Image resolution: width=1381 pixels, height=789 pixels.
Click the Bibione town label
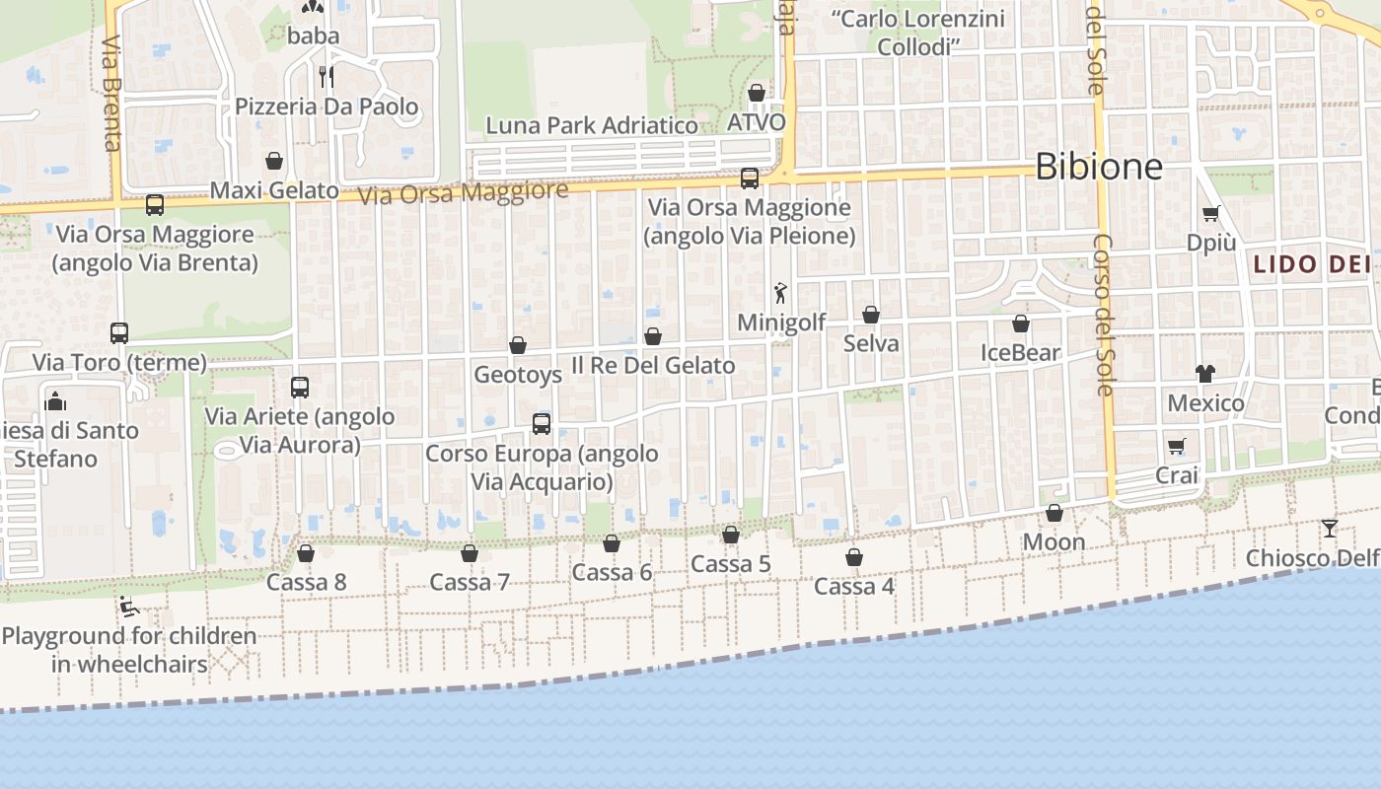pyautogui.click(x=1099, y=166)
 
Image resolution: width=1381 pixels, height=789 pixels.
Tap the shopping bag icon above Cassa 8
pyautogui.click(x=306, y=554)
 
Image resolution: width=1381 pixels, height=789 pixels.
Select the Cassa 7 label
pyautogui.click(x=470, y=582)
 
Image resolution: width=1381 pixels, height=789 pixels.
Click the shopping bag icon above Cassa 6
pyautogui.click(x=612, y=544)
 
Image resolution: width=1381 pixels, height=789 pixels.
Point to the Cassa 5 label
pyautogui.click(x=730, y=564)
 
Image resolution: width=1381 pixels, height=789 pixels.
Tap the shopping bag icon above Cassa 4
pyautogui.click(x=854, y=558)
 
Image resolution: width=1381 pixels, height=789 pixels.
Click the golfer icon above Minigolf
pyautogui.click(x=780, y=293)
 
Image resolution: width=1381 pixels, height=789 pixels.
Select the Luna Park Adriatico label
pyautogui.click(x=592, y=125)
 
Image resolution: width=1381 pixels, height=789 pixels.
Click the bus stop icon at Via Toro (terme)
pyautogui.click(x=119, y=333)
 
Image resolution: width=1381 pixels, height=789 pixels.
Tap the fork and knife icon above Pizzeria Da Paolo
pyautogui.click(x=327, y=76)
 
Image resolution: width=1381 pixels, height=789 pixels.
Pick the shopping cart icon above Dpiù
pyautogui.click(x=1211, y=213)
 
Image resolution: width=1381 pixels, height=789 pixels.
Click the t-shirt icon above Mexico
pyautogui.click(x=1205, y=374)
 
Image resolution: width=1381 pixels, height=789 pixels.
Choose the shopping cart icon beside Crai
pyautogui.click(x=1176, y=447)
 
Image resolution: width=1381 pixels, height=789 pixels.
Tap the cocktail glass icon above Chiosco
pyautogui.click(x=1330, y=529)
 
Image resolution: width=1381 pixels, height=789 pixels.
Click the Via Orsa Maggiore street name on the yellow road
pyautogui.click(x=463, y=192)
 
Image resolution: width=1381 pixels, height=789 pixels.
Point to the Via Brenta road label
pyautogui.click(x=111, y=94)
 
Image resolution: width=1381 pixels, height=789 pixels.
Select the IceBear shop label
pyautogui.click(x=1020, y=352)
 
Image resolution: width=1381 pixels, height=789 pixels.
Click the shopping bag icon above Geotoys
pyautogui.click(x=518, y=345)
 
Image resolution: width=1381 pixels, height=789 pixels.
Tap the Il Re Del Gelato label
pyautogui.click(x=653, y=365)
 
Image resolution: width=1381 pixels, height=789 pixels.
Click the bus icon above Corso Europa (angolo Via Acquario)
pyautogui.click(x=542, y=424)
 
